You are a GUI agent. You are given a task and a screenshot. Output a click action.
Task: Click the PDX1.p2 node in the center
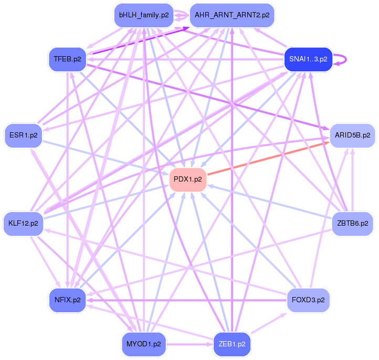188,179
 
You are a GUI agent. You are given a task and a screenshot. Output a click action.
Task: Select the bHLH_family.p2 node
143,15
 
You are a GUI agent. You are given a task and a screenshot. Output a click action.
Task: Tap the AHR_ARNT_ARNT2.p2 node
232,15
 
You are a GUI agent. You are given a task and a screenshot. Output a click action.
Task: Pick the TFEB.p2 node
67,59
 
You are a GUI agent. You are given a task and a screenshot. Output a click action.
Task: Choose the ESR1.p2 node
23,135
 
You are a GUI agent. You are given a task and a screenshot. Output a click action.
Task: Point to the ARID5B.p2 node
352,135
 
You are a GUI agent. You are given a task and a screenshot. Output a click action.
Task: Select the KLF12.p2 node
23,224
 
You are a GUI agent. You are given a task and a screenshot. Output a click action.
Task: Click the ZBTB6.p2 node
352,224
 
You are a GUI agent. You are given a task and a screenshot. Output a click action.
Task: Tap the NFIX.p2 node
67,300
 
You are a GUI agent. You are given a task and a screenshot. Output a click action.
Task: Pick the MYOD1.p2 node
143,344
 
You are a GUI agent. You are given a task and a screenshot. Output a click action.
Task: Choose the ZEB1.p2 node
232,344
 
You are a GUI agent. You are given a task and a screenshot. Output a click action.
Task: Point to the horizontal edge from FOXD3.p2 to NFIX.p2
189,301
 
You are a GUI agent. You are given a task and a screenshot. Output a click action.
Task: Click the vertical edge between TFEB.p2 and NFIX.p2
67,178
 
